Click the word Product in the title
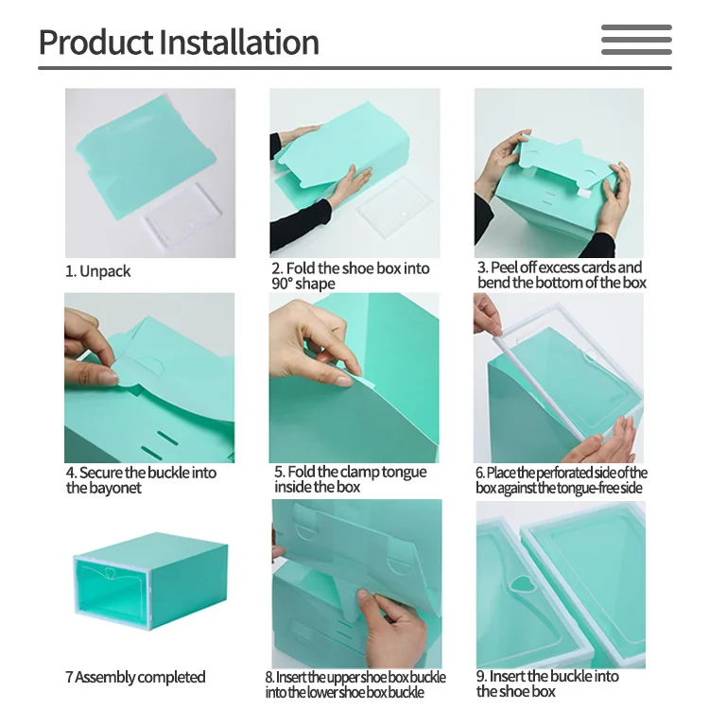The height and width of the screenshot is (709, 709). (x=95, y=42)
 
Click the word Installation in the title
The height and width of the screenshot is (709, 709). (x=239, y=42)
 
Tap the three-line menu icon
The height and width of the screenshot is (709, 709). (x=636, y=40)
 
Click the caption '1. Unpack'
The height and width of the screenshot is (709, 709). (x=98, y=271)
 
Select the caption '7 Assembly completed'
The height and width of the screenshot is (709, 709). (x=135, y=677)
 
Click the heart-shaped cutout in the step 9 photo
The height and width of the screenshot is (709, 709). (x=523, y=584)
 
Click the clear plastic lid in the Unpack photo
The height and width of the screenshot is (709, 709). (x=182, y=213)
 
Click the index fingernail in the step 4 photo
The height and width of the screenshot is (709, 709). (x=108, y=376)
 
